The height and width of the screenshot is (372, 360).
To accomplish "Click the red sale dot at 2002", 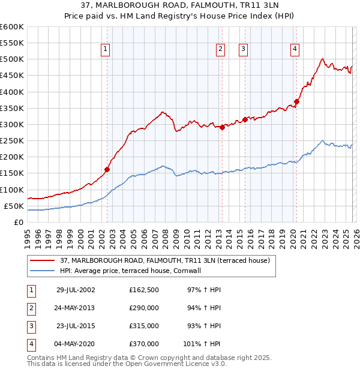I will tap(107, 169).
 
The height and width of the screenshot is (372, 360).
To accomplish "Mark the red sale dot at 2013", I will tap(222, 127).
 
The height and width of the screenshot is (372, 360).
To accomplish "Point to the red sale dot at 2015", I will tap(245, 119).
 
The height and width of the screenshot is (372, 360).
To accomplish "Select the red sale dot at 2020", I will tap(296, 101).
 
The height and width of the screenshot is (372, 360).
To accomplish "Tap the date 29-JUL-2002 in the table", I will tap(75, 290).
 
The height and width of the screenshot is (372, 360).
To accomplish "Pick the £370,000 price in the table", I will tap(144, 344).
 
